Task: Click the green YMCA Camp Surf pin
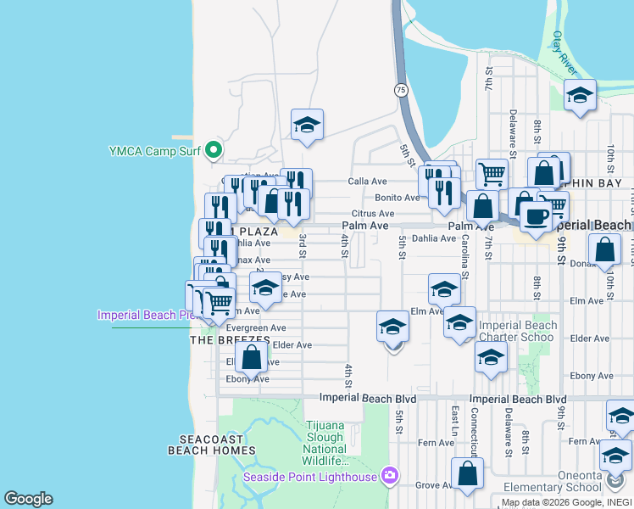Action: click(214, 152)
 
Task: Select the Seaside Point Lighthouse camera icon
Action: click(389, 474)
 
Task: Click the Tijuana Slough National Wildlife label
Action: click(325, 442)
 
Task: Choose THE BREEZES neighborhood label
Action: click(229, 340)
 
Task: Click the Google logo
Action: click(28, 499)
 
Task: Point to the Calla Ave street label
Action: click(368, 182)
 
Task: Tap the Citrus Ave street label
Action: click(374, 214)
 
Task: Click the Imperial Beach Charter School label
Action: click(518, 331)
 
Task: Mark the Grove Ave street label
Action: click(435, 485)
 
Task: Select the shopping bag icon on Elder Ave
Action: click(252, 356)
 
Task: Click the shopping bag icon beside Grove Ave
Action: click(466, 473)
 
